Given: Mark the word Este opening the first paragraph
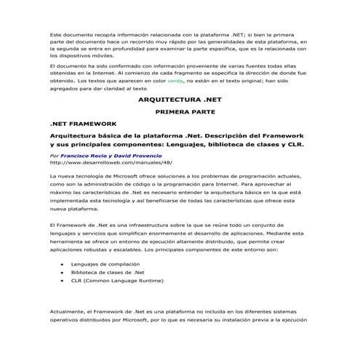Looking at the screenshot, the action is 56,35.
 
